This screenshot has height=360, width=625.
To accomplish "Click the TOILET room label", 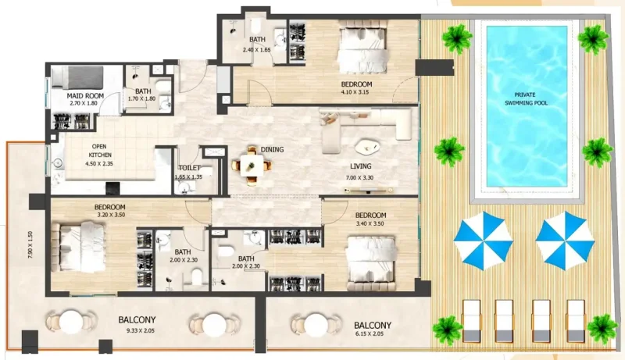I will [x=190, y=168].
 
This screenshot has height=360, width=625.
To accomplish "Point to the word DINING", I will [x=272, y=149].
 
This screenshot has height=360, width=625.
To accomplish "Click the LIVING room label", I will [x=361, y=166].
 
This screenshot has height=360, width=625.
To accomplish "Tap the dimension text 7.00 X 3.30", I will [x=361, y=179].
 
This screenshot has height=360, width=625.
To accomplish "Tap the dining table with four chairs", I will [x=251, y=164].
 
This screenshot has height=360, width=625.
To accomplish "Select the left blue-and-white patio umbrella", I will [x=483, y=239].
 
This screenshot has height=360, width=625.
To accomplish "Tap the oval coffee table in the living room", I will [x=366, y=146].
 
